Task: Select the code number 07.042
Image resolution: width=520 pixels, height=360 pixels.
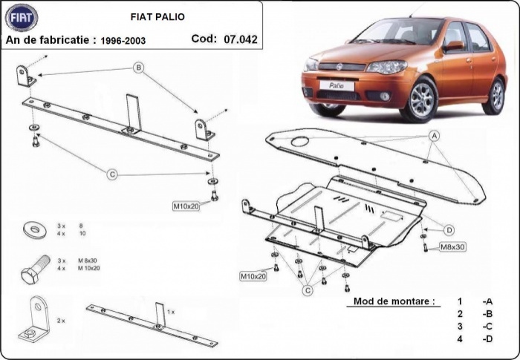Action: pos(240,39)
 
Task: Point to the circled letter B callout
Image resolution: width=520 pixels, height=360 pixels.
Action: pos(137,69)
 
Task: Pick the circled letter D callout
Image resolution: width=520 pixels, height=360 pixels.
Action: pos(449,229)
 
